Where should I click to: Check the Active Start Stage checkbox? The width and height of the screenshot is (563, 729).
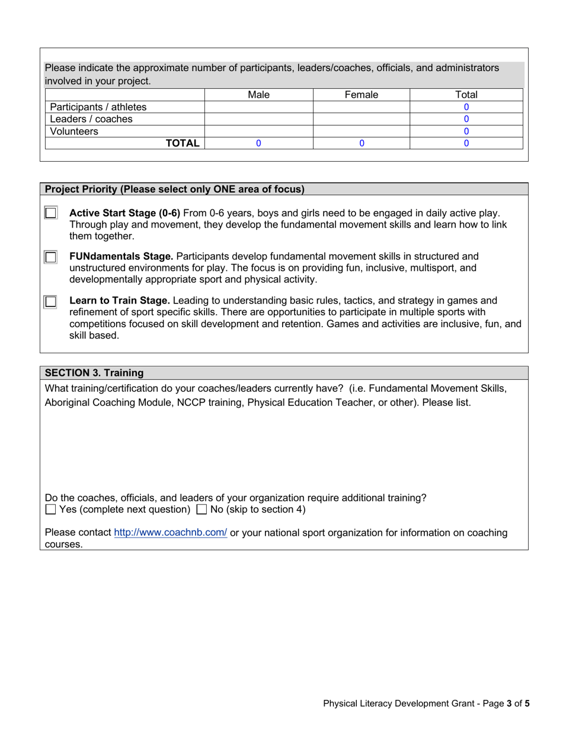click(x=51, y=213)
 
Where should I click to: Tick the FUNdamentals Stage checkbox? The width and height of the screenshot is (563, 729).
click(x=51, y=257)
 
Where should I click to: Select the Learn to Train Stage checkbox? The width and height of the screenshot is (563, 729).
click(x=51, y=302)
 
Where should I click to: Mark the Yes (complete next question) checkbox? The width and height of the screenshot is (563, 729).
click(x=51, y=510)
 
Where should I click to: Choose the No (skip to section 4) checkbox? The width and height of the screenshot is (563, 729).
click(x=201, y=510)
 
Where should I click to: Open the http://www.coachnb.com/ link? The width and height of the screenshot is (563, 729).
click(x=170, y=533)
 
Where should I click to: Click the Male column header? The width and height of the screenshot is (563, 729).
click(x=258, y=95)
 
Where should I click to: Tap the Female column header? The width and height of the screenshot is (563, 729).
click(x=361, y=95)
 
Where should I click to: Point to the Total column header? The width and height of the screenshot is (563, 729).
click(x=466, y=95)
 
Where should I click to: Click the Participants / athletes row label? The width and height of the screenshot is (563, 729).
click(x=98, y=107)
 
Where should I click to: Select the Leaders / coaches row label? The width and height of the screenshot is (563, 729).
click(x=91, y=119)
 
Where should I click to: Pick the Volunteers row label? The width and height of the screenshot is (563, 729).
click(x=74, y=132)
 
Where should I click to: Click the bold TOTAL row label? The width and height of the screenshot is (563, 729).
click(x=183, y=143)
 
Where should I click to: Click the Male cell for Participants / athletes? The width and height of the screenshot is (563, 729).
click(x=258, y=107)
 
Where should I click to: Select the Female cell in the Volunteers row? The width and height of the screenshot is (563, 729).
click(x=361, y=132)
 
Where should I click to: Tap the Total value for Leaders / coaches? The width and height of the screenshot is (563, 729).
click(x=466, y=119)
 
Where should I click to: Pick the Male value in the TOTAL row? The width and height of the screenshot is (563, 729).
click(x=258, y=143)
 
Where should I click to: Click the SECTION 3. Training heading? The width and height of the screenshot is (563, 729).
click(x=94, y=373)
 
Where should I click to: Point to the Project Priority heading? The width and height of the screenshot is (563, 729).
click(x=175, y=190)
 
